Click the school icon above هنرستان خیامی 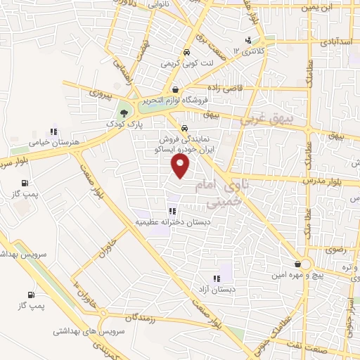[x=53, y=131]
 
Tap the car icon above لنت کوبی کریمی [x=186, y=52]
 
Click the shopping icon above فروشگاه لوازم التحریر [x=175, y=89]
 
